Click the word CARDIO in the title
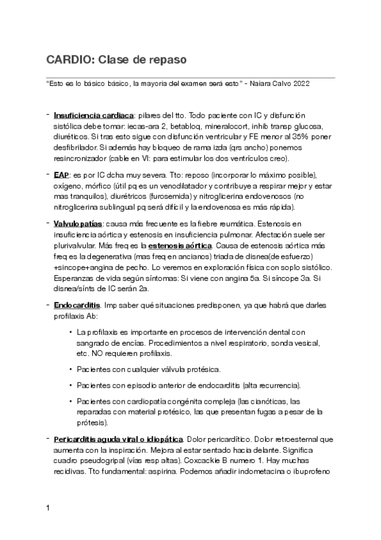67,60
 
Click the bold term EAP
61,174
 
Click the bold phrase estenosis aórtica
178,245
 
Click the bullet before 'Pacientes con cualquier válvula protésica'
69,369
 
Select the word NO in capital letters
97,353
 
